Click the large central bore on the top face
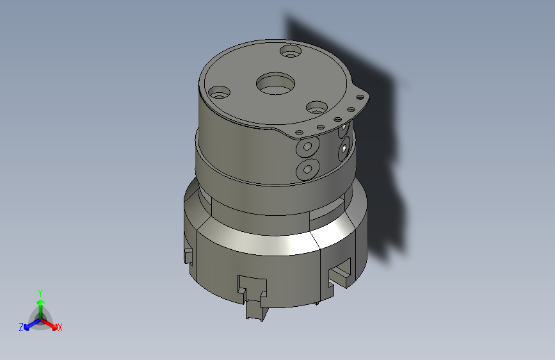click(x=276, y=83)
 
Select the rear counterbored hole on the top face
click(x=291, y=51)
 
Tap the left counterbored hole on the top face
click(x=220, y=93)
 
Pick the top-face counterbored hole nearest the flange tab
click(x=317, y=107)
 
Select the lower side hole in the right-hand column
click(x=344, y=150)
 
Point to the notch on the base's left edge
click(x=188, y=256)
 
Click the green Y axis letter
click(x=40, y=291)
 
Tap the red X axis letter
click(x=60, y=328)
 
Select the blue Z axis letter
click(x=21, y=327)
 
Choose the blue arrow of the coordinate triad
click(x=29, y=324)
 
